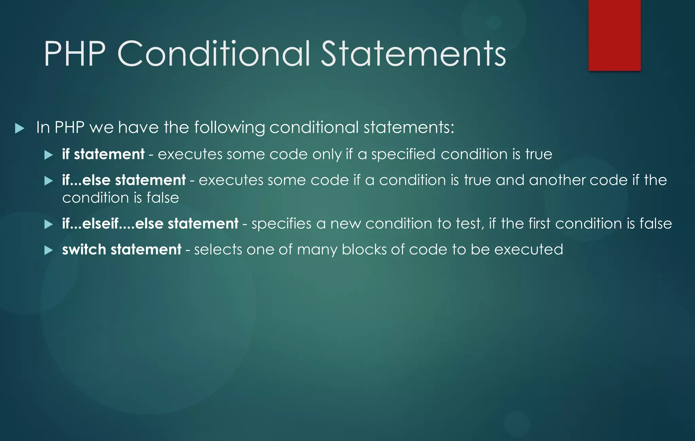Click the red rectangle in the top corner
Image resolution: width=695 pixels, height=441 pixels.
[614, 35]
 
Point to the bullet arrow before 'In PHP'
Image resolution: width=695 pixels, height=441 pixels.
[20, 129]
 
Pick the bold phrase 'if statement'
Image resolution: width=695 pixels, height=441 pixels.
[103, 154]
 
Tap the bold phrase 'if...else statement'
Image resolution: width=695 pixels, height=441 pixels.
[124, 180]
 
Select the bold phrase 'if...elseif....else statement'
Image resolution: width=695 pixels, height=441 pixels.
[150, 224]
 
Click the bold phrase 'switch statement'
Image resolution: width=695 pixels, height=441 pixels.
[121, 250]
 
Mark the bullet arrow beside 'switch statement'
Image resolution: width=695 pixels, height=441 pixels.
[49, 250]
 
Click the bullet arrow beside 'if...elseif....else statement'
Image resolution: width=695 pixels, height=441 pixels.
[49, 224]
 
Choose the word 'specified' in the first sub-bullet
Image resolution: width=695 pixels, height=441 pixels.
[403, 155]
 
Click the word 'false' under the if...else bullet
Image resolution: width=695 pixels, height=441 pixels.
[163, 198]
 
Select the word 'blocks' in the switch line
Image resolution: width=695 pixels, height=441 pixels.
[364, 250]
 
